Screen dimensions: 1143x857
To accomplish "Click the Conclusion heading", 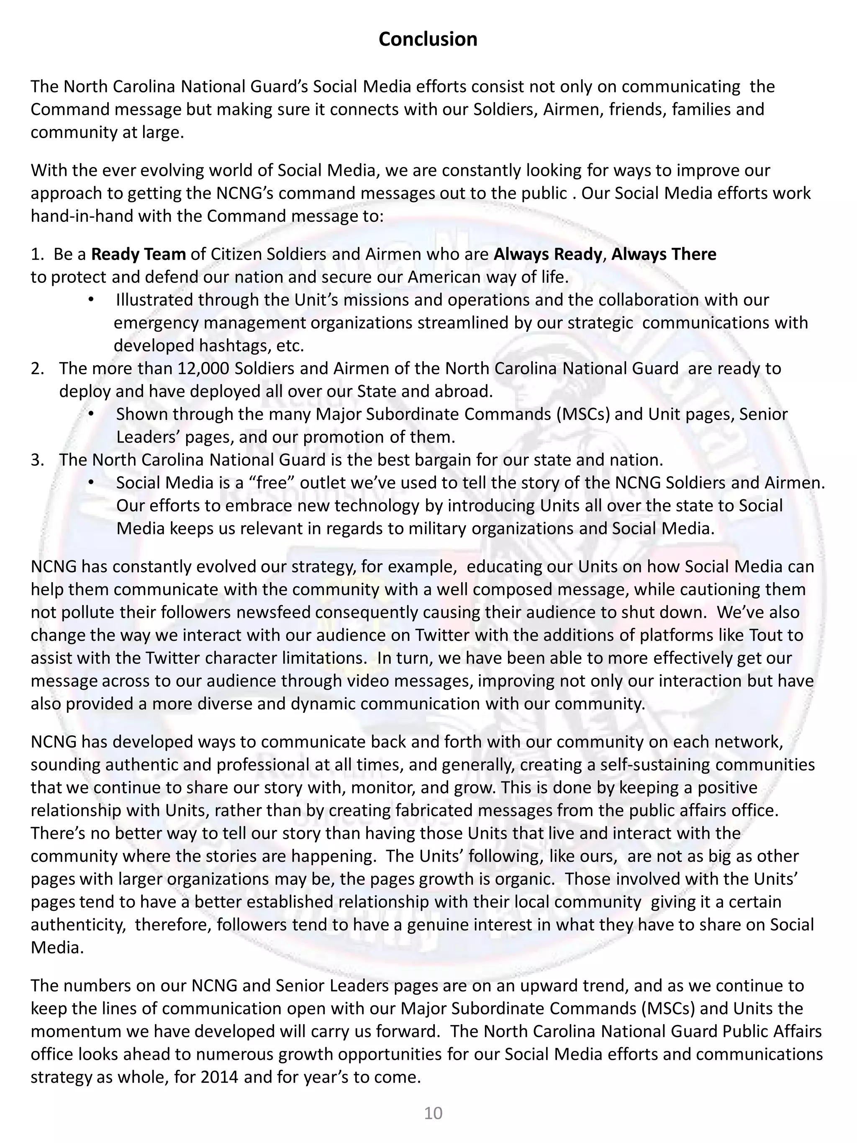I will coord(428,39).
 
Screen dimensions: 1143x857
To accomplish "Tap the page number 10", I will coord(433,1112).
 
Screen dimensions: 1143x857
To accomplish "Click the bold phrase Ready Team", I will coord(139,254).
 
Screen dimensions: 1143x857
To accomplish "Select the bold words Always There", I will coord(664,254).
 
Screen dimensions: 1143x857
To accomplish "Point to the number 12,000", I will coord(203,368).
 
